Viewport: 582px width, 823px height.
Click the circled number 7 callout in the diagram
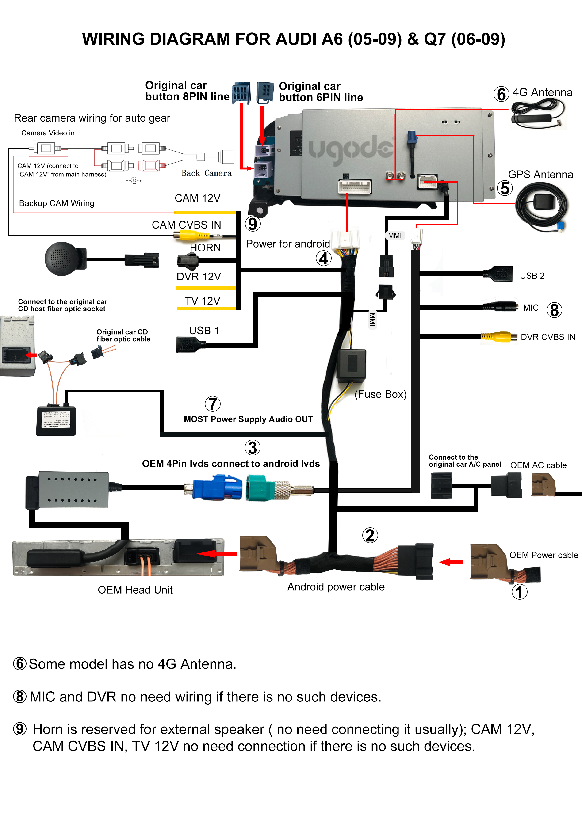pos(212,404)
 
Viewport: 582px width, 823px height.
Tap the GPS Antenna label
pos(540,175)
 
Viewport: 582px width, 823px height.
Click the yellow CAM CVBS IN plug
pos(192,236)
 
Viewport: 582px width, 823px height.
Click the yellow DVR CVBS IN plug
pos(498,337)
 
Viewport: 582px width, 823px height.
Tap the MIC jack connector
pos(500,306)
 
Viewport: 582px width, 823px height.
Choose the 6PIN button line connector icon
pos(265,92)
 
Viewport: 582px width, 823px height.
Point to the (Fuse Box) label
pos(380,394)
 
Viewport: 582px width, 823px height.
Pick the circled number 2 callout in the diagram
pos(370,535)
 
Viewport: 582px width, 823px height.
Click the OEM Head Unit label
pos(135,590)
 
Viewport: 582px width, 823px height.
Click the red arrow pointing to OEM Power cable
pos(451,562)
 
